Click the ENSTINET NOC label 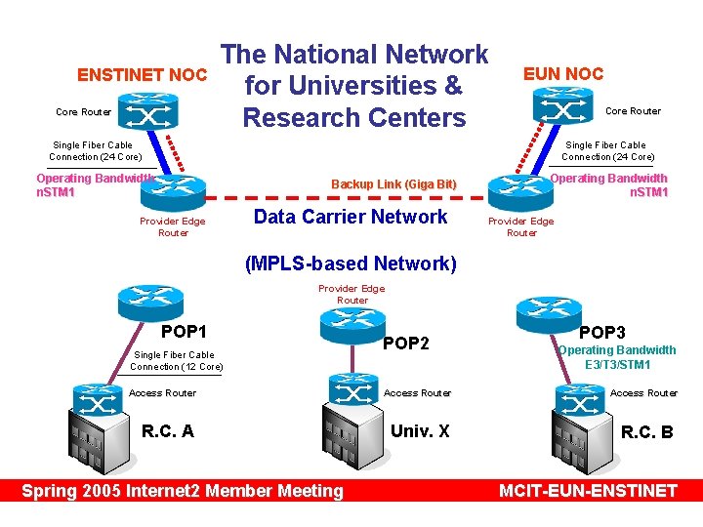(x=143, y=75)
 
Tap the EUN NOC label (x=563, y=73)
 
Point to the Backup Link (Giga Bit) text (x=393, y=184)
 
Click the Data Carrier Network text (x=351, y=217)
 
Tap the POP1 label (x=184, y=331)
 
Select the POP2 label (x=406, y=343)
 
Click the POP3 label (x=602, y=332)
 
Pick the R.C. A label (x=168, y=430)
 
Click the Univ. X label (x=420, y=430)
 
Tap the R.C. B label (x=647, y=431)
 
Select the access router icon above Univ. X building (x=352, y=390)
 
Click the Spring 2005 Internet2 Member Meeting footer (x=183, y=491)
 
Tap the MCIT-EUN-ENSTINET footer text (x=587, y=491)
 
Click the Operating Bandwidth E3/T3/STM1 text (x=616, y=357)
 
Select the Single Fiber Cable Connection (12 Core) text (x=176, y=361)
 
